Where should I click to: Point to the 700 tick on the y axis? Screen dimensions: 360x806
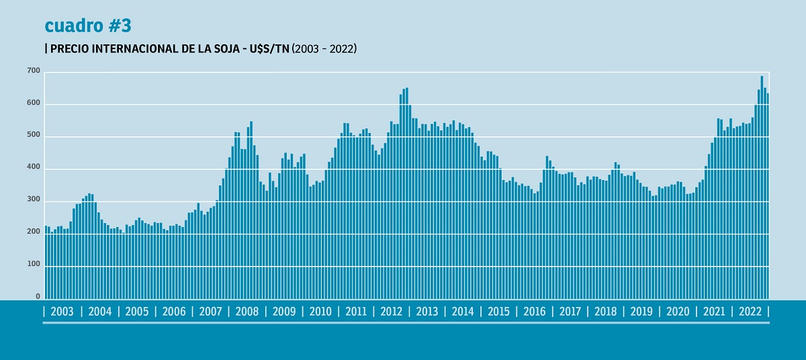(x=34, y=71)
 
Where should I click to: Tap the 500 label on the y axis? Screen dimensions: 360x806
(x=34, y=136)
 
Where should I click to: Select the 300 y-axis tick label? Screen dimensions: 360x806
(x=34, y=200)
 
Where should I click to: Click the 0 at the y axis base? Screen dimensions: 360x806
(x=38, y=296)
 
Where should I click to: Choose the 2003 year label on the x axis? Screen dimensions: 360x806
(x=62, y=312)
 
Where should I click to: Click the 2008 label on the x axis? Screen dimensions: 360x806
(x=247, y=312)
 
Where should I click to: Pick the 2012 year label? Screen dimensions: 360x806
(x=391, y=312)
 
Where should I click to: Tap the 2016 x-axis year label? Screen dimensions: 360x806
(x=535, y=312)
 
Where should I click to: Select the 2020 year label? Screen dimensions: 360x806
(x=678, y=312)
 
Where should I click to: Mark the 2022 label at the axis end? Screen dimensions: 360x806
(x=750, y=312)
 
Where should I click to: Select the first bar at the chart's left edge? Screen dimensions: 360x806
(x=46, y=262)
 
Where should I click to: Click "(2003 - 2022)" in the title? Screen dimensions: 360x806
(x=324, y=49)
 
